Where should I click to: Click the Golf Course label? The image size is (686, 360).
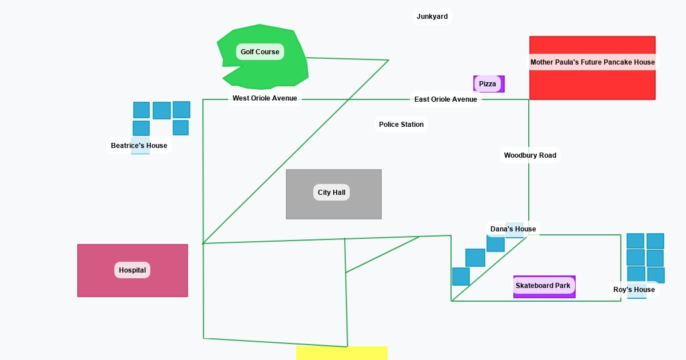pos(260,52)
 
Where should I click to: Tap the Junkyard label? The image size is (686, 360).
pos(432,17)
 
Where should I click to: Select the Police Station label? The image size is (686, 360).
pos(401,125)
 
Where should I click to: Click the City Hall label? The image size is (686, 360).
pos(332,193)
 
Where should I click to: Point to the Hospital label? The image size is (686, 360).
pos(132,270)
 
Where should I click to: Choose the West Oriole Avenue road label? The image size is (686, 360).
pos(265,98)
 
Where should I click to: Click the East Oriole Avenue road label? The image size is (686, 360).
pos(446,99)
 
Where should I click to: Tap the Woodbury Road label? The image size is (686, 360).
pos(530,155)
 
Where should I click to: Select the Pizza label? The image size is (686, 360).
pos(488,84)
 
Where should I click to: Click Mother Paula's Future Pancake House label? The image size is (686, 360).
pos(592,62)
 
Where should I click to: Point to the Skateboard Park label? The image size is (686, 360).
pos(543,286)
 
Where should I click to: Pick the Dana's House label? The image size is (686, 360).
pos(513,229)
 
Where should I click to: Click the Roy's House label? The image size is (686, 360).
pos(634,290)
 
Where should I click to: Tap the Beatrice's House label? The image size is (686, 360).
pos(139,146)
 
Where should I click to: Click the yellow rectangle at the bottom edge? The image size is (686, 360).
pos(342,353)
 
